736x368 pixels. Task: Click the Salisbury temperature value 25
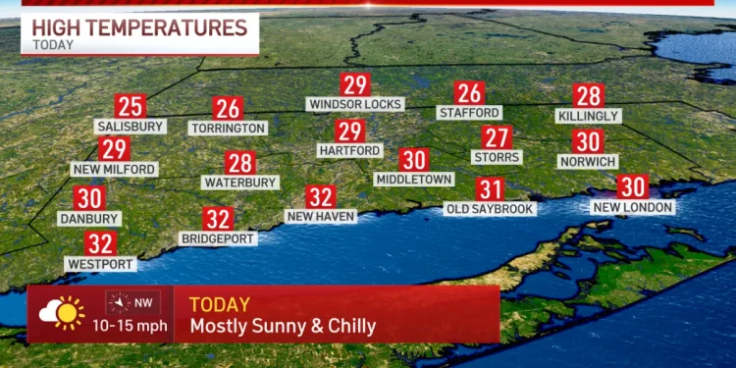[130, 106]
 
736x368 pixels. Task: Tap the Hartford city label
[349, 150]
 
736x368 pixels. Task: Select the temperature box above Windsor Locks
[354, 84]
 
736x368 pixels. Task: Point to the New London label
[633, 207]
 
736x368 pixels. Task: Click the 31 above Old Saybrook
[490, 189]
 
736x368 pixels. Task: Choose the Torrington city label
[229, 128]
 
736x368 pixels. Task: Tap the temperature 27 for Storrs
[497, 137]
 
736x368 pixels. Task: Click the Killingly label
[589, 116]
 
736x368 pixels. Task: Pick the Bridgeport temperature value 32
[218, 219]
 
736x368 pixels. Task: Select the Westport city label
[99, 263]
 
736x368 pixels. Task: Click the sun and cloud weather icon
[61, 313]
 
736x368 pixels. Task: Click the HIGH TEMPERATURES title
[138, 27]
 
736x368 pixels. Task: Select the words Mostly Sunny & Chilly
[283, 326]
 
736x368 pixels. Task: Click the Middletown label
[414, 180]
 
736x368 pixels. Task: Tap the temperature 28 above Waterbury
[240, 163]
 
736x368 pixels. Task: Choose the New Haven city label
[320, 216]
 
